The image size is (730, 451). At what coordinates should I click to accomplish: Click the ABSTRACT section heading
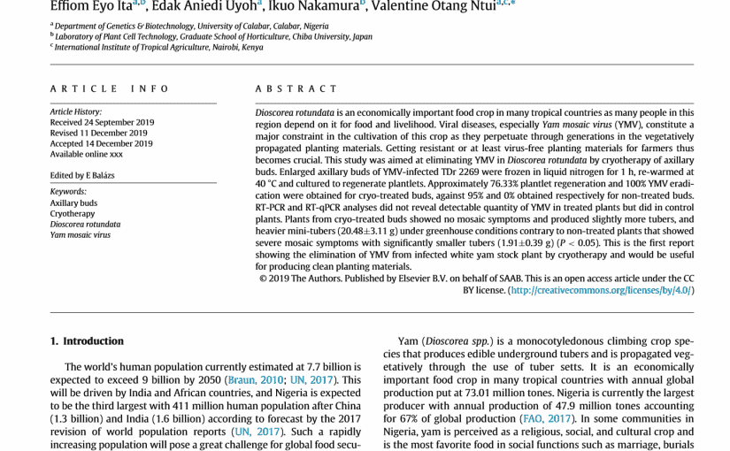click(x=296, y=89)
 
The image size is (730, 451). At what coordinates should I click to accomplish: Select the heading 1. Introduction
click(x=87, y=341)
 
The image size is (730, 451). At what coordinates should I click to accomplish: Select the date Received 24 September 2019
click(x=102, y=123)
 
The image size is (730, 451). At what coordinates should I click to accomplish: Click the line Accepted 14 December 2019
click(x=101, y=143)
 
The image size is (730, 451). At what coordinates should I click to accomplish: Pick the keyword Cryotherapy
click(x=73, y=214)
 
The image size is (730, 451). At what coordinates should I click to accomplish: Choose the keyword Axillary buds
click(x=73, y=203)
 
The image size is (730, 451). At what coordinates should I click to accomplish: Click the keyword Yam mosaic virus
click(x=81, y=235)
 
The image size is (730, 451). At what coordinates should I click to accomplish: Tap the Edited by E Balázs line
click(x=82, y=175)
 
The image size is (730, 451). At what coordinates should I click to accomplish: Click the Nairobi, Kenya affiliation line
click(x=159, y=48)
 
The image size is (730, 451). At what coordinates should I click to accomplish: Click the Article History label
click(x=76, y=112)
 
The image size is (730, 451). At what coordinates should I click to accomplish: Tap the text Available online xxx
click(x=87, y=154)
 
